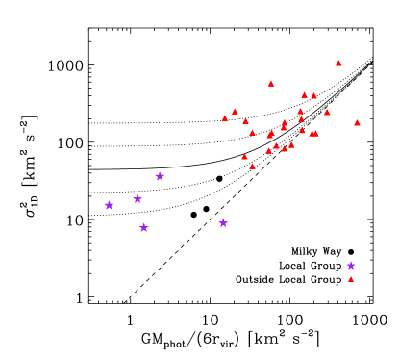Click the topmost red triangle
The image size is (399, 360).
338,64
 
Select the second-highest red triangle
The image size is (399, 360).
271,84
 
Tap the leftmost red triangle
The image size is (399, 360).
225,118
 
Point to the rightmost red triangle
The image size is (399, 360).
357,123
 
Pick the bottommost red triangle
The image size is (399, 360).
351,279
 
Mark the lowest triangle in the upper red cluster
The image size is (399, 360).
252,167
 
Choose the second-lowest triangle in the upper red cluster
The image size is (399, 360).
244,156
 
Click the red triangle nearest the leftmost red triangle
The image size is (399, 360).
235,112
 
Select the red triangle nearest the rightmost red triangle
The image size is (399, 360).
327,112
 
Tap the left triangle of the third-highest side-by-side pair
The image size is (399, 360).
312,133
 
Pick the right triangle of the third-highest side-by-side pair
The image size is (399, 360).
316,133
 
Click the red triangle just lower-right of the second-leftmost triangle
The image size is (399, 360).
245,121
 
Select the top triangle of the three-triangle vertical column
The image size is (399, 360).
300,111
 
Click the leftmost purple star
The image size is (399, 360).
109,205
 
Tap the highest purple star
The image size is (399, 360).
160,176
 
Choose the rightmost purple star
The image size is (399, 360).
351,266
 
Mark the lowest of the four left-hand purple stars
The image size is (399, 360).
144,228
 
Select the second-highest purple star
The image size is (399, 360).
137,198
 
